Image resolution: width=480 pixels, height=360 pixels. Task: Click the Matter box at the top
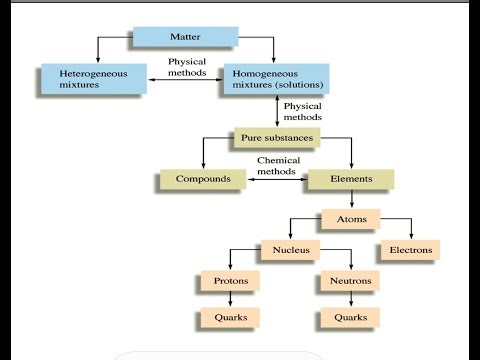coord(184,38)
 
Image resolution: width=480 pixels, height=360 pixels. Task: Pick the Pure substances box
coord(276,136)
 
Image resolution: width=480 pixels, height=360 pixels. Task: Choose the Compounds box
coord(203,180)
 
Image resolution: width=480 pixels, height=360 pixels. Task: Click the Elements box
coord(350,180)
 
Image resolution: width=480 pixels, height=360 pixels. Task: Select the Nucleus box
coord(289,249)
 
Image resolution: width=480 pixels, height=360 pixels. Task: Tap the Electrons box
coord(408,249)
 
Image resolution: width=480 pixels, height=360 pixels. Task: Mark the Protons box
coord(231,281)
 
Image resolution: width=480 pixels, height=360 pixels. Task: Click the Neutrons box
coord(350,281)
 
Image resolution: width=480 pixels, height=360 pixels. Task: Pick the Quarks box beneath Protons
coord(231,318)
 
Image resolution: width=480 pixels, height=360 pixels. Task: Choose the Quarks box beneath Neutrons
coord(350,318)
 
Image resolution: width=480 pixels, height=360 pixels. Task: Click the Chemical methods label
coord(277,166)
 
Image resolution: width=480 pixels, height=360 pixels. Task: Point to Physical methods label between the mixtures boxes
coord(186,67)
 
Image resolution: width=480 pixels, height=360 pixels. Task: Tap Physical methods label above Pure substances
coord(304,110)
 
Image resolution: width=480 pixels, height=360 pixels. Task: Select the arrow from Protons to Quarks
coord(231,299)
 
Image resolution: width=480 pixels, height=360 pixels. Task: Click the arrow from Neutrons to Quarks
coord(350,299)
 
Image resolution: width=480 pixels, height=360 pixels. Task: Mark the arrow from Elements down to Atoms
coord(350,199)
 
